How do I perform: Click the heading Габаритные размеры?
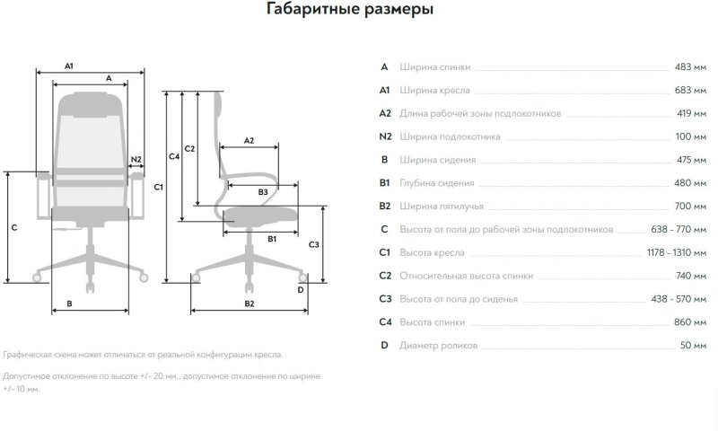(x=350, y=11)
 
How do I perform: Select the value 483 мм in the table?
(x=689, y=67)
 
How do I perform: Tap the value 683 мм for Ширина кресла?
(x=689, y=91)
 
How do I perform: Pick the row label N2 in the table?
(x=385, y=136)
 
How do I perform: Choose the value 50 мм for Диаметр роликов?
(x=692, y=346)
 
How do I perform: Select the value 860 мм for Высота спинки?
(x=689, y=322)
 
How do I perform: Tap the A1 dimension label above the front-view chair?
(x=69, y=66)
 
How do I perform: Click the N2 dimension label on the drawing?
(x=136, y=160)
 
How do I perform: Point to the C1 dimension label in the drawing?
(x=158, y=187)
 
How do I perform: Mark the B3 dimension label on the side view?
(x=263, y=192)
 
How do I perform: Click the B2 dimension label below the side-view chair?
(x=250, y=303)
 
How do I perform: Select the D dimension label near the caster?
(x=301, y=289)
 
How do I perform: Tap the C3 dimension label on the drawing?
(x=313, y=244)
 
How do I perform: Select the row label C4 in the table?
(x=385, y=322)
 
